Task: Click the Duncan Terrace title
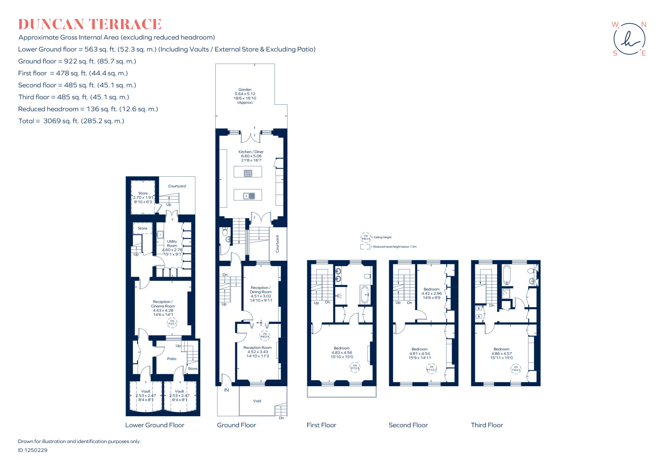click(90, 24)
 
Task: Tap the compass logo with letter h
click(629, 39)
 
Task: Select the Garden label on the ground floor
click(245, 90)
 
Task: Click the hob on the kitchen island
click(248, 173)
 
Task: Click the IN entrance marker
click(226, 390)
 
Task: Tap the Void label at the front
click(257, 401)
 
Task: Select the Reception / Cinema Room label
click(163, 304)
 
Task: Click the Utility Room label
click(172, 243)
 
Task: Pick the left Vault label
click(146, 391)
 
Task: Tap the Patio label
click(172, 359)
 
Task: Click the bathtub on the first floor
click(365, 295)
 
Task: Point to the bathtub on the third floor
click(506, 275)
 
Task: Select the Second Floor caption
click(408, 425)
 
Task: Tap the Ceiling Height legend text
click(382, 237)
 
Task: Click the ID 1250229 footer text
click(33, 450)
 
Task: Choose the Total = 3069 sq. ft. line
click(71, 121)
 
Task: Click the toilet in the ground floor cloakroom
click(225, 232)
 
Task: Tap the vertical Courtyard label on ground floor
click(278, 244)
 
